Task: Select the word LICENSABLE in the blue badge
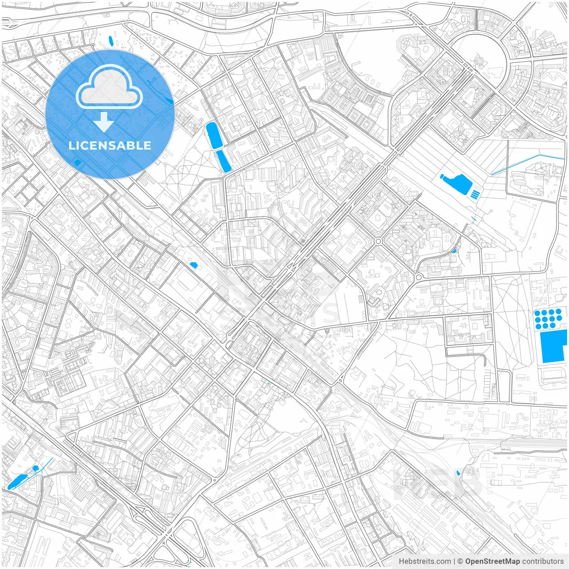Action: click(110, 145)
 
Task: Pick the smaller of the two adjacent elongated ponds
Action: click(224, 161)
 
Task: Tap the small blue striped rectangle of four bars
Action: click(475, 194)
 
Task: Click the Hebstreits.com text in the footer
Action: click(425, 561)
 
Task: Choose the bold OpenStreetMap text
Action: click(493, 561)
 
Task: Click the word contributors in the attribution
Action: click(543, 561)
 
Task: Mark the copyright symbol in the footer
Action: click(461, 561)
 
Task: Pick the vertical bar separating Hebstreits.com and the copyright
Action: click(454, 561)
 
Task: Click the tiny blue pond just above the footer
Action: click(459, 473)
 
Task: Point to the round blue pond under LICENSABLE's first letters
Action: click(78, 163)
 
